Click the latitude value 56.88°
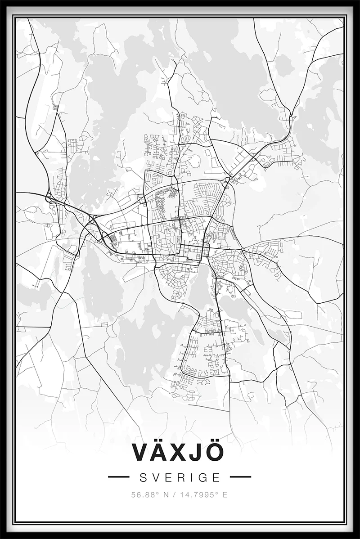point(144,495)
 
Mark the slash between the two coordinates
point(174,495)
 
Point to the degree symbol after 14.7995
point(217,493)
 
